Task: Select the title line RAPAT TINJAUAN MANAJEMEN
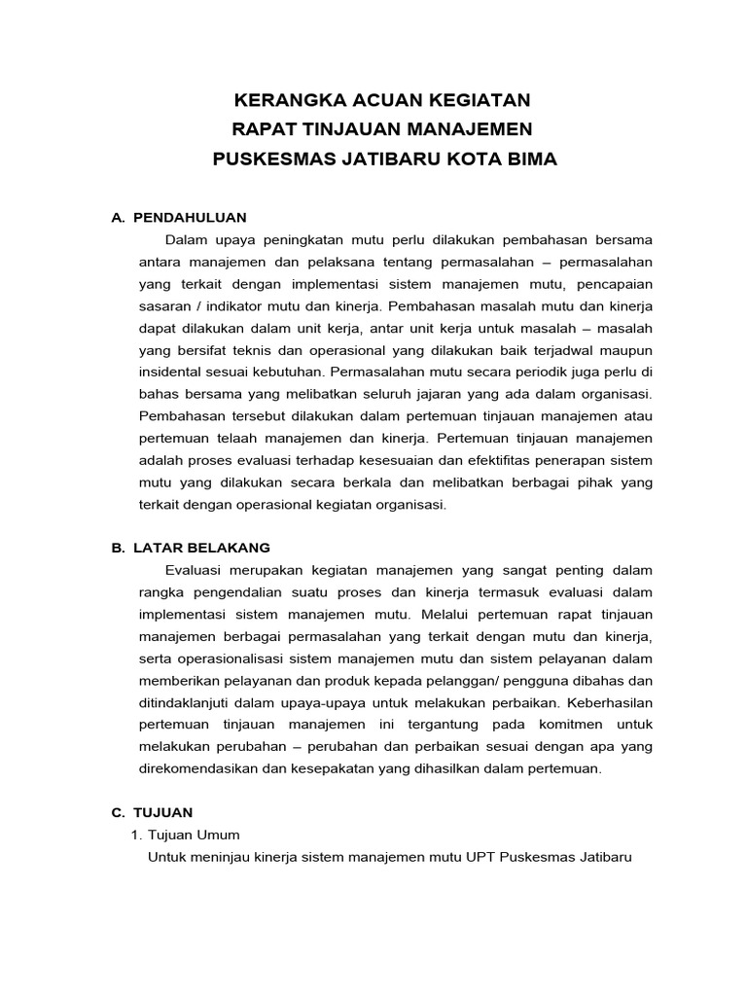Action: [x=384, y=130]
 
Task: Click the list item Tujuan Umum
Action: [x=193, y=835]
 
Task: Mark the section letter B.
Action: [x=118, y=548]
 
